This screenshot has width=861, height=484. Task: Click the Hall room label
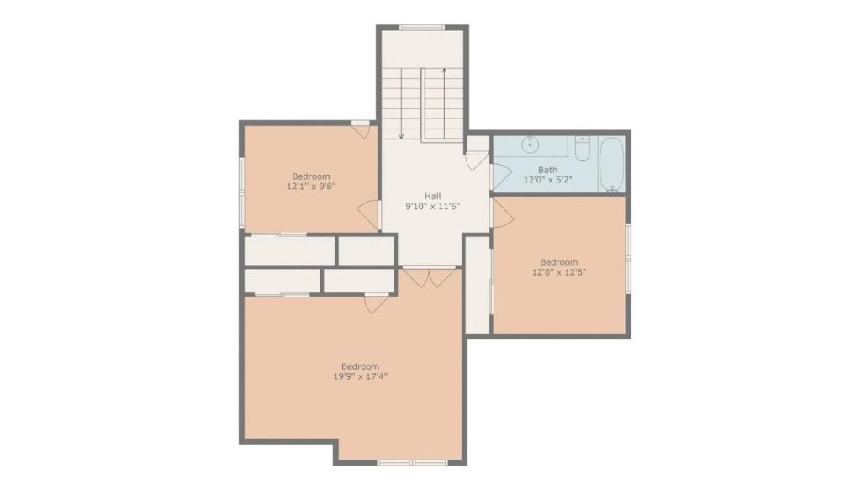[432, 196]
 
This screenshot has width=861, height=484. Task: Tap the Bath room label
[547, 170]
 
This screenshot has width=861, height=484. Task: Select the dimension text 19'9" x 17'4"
[360, 376]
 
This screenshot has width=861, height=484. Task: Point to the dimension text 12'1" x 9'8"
[311, 186]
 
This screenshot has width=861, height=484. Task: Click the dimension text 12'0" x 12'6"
[558, 271]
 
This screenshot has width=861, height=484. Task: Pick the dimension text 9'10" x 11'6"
[432, 207]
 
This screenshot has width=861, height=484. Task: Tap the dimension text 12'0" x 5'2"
[547, 180]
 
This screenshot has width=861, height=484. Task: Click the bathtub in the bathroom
[611, 164]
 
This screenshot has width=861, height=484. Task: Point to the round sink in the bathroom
[530, 145]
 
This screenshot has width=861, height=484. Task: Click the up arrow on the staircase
[444, 103]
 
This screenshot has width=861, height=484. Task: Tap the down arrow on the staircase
[401, 103]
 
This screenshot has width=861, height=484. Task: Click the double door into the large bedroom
[430, 277]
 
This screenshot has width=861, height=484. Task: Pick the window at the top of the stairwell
[422, 28]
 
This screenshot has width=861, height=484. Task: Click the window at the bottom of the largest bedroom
[412, 463]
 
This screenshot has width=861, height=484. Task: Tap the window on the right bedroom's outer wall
[628, 257]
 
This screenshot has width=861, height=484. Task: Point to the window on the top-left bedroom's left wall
[241, 192]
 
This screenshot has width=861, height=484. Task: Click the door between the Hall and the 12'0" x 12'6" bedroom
[502, 213]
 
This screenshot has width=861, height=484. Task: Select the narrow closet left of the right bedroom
[478, 284]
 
